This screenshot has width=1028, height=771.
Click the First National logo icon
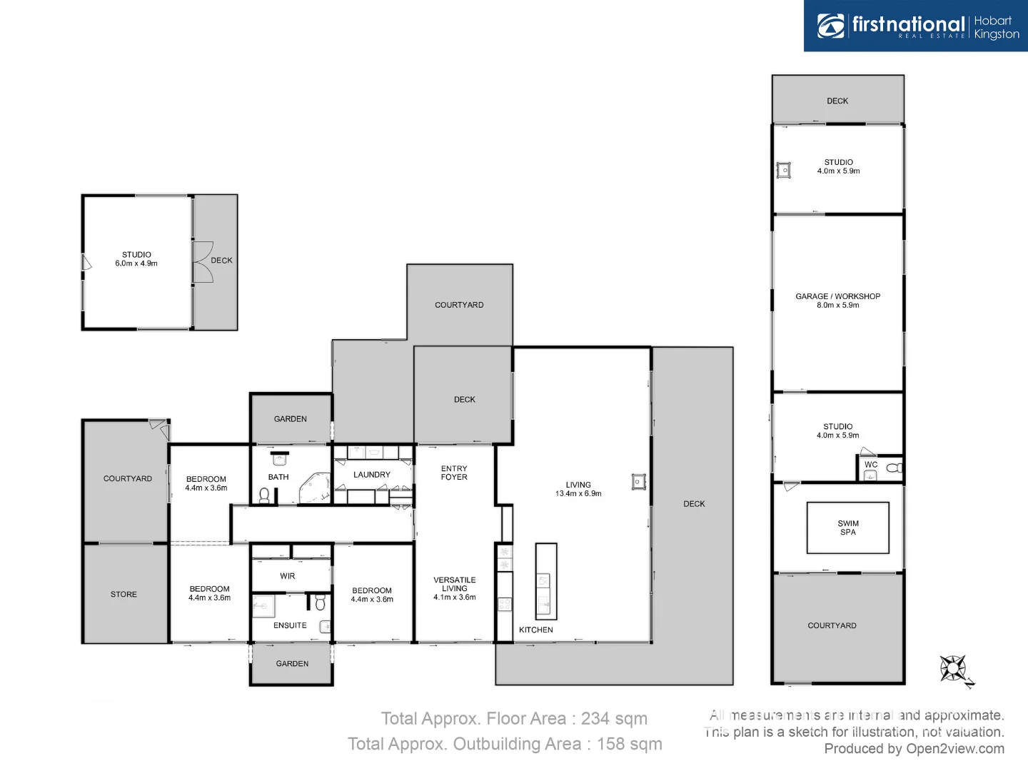tap(830, 26)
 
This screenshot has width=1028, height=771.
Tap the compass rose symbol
tap(954, 670)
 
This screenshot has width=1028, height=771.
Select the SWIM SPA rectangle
tap(847, 528)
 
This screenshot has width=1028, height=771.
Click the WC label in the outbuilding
tap(871, 465)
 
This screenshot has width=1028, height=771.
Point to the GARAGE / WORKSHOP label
tap(837, 296)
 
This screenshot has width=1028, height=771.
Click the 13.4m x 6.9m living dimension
tap(578, 494)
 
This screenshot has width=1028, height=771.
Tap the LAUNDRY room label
tap(371, 475)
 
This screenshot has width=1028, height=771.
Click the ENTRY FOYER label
tap(454, 473)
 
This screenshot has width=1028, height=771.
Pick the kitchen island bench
tap(545, 580)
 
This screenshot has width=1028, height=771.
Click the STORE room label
tap(124, 594)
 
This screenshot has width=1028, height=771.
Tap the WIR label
tap(287, 576)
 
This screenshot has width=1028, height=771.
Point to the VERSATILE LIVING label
tap(454, 585)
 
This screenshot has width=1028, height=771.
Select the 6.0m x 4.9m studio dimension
tap(136, 263)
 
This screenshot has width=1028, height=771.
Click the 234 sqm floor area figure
tap(614, 719)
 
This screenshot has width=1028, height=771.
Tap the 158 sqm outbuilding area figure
tap(629, 744)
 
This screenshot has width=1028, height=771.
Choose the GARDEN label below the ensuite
tap(292, 664)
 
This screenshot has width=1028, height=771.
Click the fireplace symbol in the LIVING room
tap(639, 482)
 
